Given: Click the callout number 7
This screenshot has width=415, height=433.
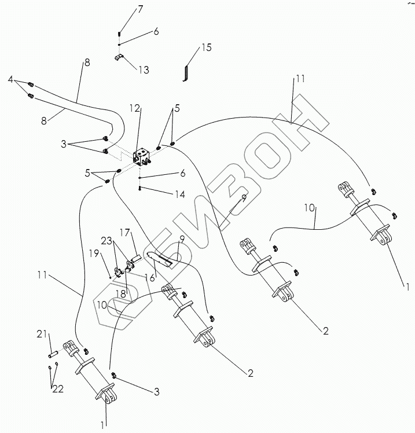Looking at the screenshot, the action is [x=140, y=9].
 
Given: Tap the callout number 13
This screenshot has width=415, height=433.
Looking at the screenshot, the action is [x=144, y=70].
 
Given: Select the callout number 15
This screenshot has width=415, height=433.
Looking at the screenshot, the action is [x=206, y=47].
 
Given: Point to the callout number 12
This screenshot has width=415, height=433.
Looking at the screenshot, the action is [x=135, y=108].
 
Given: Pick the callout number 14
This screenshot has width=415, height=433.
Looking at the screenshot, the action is [x=180, y=195].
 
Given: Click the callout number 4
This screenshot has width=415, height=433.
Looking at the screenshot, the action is [x=10, y=80].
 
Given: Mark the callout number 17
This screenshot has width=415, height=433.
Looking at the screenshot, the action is [x=124, y=233].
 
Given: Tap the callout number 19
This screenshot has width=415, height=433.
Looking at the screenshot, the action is [x=94, y=253].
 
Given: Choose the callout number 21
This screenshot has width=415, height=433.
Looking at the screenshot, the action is [x=42, y=334].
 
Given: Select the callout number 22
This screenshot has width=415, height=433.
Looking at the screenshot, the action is [x=58, y=389].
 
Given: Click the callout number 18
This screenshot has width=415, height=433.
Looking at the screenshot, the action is [x=121, y=293].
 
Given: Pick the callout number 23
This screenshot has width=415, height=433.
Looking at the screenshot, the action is [x=106, y=241].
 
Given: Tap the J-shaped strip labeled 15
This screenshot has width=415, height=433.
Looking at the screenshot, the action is [x=186, y=73].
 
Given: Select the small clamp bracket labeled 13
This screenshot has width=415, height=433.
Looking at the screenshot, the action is [x=119, y=57].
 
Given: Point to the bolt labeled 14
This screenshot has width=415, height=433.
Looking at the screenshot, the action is [x=139, y=189].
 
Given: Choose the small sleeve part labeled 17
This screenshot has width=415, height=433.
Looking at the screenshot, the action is [x=135, y=258].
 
